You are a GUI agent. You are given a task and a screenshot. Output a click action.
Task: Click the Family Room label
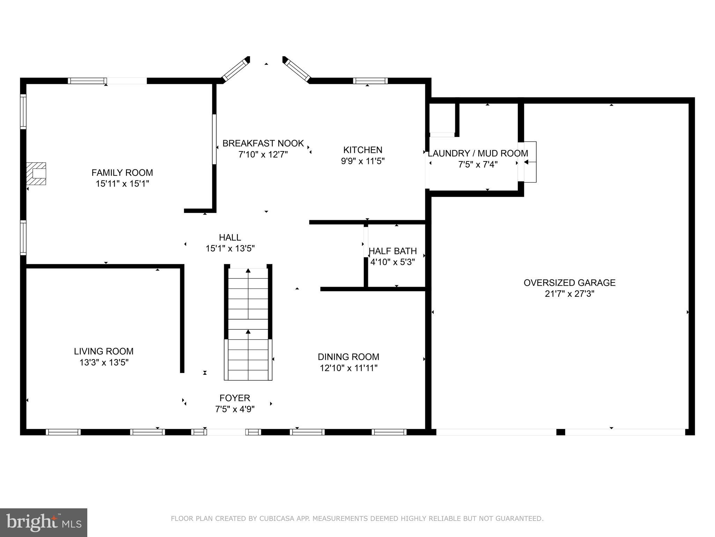[122, 173]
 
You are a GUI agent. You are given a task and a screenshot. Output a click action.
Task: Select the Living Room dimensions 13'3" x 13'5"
[104, 363]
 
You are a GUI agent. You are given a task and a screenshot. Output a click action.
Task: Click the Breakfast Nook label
[263, 143]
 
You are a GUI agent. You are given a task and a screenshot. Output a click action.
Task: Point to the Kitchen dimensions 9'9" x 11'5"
[363, 161]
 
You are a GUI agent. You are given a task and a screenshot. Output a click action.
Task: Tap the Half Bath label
[393, 251]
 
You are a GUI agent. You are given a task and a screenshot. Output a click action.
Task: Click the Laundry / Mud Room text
[478, 153]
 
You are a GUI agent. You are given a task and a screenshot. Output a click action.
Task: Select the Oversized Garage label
[569, 283]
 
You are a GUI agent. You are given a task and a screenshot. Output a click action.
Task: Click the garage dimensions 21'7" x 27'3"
[569, 294]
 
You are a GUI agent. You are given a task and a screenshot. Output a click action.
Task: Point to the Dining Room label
[348, 357]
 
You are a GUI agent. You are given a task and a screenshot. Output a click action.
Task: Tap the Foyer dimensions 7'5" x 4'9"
[235, 409]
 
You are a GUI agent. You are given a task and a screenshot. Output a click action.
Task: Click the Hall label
[230, 237]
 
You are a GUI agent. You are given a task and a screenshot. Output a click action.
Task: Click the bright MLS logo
[44, 522]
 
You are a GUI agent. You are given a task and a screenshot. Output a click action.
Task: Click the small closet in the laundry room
[442, 118]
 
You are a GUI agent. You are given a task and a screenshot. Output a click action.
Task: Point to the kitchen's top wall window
[370, 81]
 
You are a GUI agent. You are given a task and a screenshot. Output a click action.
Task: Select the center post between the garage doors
[560, 432]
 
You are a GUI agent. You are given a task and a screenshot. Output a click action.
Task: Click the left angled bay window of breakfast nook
[234, 70]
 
